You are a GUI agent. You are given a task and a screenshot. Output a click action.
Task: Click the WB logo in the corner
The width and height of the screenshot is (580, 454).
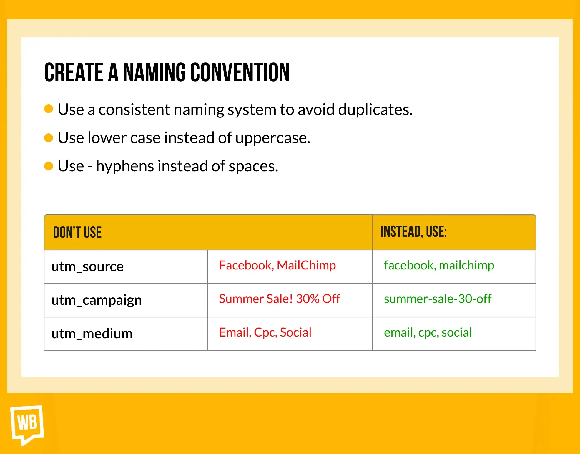point(27,424)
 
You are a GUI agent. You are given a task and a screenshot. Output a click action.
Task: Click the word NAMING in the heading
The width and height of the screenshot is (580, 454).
point(154,72)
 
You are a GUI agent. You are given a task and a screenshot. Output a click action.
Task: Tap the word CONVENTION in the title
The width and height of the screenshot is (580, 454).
point(240,72)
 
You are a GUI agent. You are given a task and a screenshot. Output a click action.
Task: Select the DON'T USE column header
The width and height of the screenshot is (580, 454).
point(77,232)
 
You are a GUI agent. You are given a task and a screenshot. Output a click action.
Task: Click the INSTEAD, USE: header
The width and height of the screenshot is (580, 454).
point(413,231)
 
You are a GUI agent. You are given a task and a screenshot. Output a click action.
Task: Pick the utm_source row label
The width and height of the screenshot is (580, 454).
point(87,267)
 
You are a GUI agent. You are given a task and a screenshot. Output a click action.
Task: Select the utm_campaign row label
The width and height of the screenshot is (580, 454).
point(97,300)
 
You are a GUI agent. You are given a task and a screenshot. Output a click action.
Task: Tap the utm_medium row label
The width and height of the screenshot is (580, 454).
point(92,334)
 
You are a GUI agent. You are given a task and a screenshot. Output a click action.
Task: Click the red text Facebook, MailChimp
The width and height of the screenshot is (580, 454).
point(277,266)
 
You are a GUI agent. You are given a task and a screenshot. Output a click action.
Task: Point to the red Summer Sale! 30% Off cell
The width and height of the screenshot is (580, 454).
point(279,299)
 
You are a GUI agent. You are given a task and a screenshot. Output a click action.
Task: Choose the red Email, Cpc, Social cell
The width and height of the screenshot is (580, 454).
point(265,333)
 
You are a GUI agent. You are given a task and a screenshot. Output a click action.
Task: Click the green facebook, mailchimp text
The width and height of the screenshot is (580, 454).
point(439,266)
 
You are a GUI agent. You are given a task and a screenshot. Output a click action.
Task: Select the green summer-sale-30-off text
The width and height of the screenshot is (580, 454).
point(438,299)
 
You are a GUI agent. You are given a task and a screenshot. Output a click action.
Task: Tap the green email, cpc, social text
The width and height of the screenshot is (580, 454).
point(428,333)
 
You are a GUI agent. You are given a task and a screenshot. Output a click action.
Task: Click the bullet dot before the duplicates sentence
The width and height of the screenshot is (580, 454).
point(49,109)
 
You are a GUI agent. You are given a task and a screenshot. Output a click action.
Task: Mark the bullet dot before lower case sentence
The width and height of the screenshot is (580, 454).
point(49,137)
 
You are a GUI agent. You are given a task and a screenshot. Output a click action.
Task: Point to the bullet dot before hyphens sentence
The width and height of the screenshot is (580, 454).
point(49,166)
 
